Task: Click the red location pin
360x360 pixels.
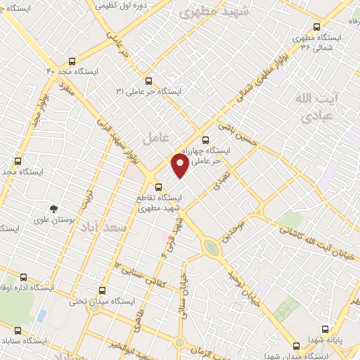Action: (x=180, y=166)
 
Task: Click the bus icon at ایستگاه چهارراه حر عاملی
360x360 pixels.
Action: (x=205, y=139)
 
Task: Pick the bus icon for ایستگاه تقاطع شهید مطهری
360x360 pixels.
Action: (x=159, y=187)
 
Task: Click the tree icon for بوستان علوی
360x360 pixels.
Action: (x=53, y=208)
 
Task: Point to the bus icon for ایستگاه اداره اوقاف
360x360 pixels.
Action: (x=24, y=277)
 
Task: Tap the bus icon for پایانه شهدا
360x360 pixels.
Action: (x=325, y=328)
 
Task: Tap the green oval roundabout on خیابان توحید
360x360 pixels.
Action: (x=210, y=247)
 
